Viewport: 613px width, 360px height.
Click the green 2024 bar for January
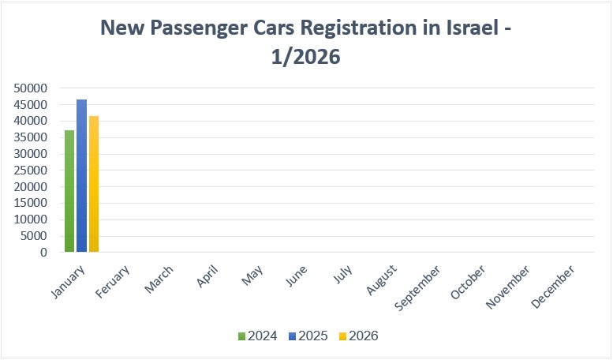coord(69,191)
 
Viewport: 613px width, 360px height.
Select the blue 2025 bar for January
coord(81,176)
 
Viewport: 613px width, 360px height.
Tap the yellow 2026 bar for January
coord(94,184)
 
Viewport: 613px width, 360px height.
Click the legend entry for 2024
coord(257,336)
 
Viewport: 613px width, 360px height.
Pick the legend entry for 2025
coord(308,336)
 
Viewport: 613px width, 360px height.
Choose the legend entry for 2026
coord(359,336)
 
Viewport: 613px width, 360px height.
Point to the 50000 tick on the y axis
coord(31,88)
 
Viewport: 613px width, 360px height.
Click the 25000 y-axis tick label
coord(31,171)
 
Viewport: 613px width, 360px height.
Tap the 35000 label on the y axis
coord(31,137)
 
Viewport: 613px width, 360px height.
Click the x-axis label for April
coord(206,275)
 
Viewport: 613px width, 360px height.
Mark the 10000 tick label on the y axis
coord(31,219)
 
